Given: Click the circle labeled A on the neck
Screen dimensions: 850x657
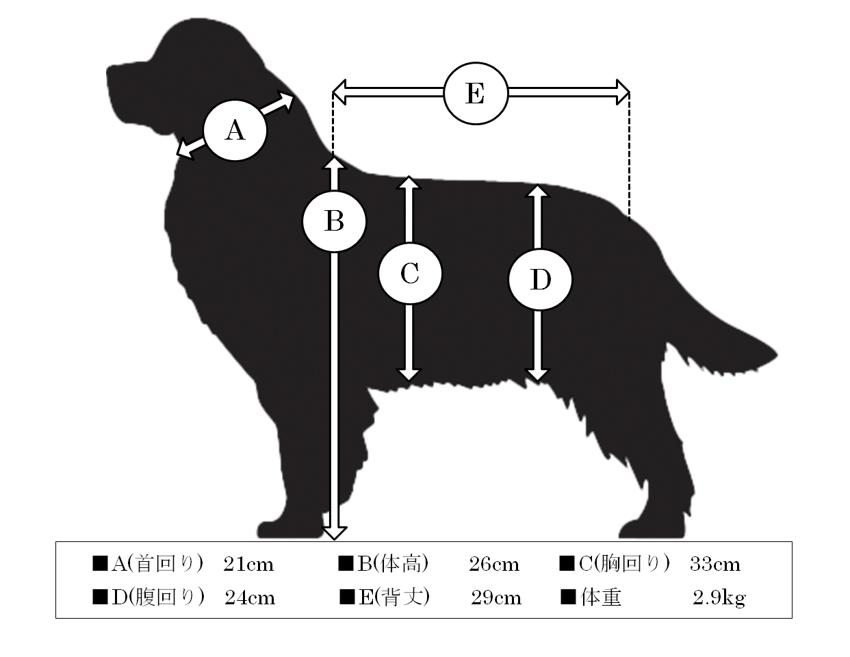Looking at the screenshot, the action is tap(235, 130).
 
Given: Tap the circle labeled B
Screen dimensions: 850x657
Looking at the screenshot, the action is tap(334, 221).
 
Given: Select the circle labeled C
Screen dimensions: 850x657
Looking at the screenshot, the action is tap(410, 273).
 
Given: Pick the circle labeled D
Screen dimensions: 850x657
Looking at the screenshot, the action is tap(540, 280).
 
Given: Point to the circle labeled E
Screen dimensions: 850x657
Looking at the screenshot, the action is tap(476, 94).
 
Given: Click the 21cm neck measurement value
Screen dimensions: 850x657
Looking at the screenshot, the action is tap(248, 565).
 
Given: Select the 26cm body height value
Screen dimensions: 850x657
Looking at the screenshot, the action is tap(494, 565).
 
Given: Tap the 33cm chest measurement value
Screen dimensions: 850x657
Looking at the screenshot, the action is tap(715, 565).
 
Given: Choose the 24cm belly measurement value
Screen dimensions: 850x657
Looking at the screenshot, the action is tap(250, 598).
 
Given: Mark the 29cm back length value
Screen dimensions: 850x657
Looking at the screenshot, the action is tap(496, 598).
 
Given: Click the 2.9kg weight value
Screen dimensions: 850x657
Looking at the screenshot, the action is tap(719, 598).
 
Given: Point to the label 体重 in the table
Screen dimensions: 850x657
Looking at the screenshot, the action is tap(601, 597).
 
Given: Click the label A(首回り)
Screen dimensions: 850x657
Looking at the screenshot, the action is tap(157, 564).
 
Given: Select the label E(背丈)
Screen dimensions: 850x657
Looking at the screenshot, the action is tap(394, 597).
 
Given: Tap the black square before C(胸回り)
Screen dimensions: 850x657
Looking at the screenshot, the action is tap(567, 563).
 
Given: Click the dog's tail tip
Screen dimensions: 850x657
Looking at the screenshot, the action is tap(776, 355).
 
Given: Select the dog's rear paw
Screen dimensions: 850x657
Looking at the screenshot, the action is tap(652, 529).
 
